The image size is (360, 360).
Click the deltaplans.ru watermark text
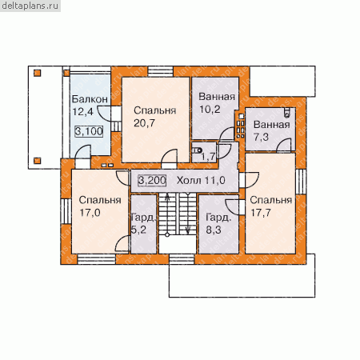click(x=30, y=6)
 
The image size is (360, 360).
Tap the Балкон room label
click(x=90, y=99)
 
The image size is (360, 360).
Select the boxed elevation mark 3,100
click(x=89, y=131)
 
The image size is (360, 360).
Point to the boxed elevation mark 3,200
click(x=152, y=180)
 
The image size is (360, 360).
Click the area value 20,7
click(x=144, y=123)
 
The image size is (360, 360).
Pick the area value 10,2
click(x=210, y=109)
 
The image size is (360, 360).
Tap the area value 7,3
click(x=261, y=137)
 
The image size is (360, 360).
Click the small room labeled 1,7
click(x=204, y=152)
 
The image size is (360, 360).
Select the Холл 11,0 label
click(x=201, y=181)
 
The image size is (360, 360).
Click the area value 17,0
click(x=90, y=213)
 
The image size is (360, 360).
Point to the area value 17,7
click(x=261, y=213)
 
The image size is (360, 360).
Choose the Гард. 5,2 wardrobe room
click(x=143, y=224)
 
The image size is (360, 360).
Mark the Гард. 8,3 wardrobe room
click(x=218, y=224)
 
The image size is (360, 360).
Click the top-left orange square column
click(x=38, y=73)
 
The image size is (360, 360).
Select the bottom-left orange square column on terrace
click(x=38, y=161)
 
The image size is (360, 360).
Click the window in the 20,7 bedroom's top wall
click(x=161, y=72)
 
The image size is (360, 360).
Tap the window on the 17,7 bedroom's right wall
click(x=301, y=182)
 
